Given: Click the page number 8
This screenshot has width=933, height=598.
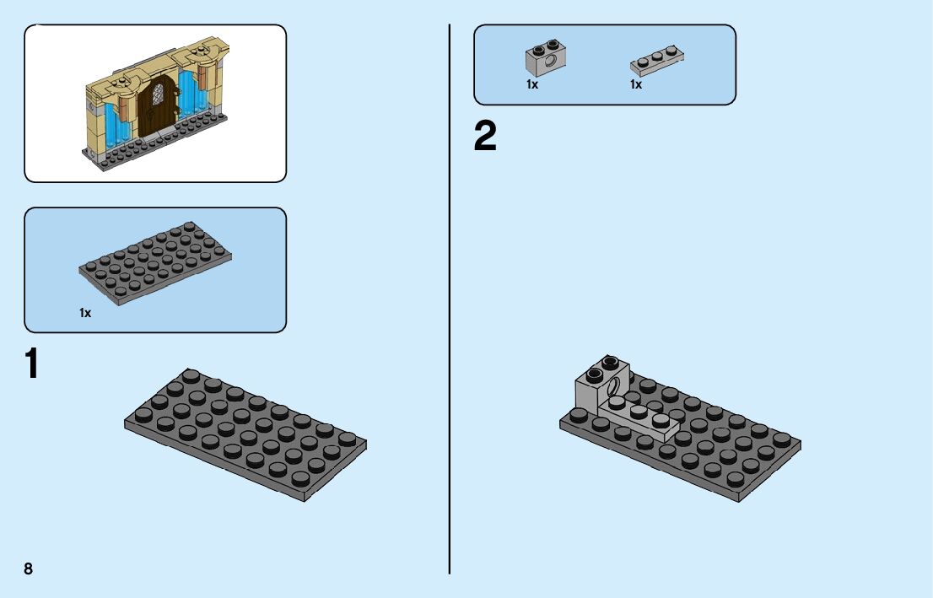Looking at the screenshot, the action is coord(29,568).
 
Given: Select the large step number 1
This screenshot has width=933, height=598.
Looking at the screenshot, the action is coord(31,364).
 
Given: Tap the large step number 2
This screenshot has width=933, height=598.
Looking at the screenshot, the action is coord(485,137).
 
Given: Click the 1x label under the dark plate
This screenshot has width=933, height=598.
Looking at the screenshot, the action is coord(85,313).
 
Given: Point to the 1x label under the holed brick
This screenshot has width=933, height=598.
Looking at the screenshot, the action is coord(532,84).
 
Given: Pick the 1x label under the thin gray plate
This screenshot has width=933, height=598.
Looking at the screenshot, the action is coord(636,84).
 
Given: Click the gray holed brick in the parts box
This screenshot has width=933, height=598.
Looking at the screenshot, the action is coord(545,57).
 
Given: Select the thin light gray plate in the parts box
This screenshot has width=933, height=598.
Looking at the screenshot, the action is coord(657,59).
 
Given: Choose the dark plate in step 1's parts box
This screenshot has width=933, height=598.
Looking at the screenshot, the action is coord(156,261).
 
